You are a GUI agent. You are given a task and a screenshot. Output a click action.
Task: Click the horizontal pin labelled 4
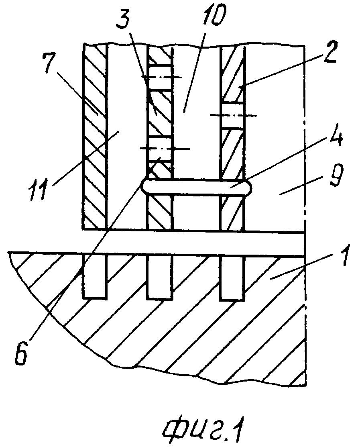pyautogui.click(x=197, y=188)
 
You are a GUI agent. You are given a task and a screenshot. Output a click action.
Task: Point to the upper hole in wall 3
pyautogui.click(x=160, y=77)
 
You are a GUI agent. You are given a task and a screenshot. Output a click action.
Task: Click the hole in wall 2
pyautogui.click(x=232, y=115)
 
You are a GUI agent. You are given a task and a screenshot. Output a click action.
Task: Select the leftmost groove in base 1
pyautogui.click(x=95, y=277)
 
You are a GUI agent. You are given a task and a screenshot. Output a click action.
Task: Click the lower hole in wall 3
pyautogui.click(x=160, y=148)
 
